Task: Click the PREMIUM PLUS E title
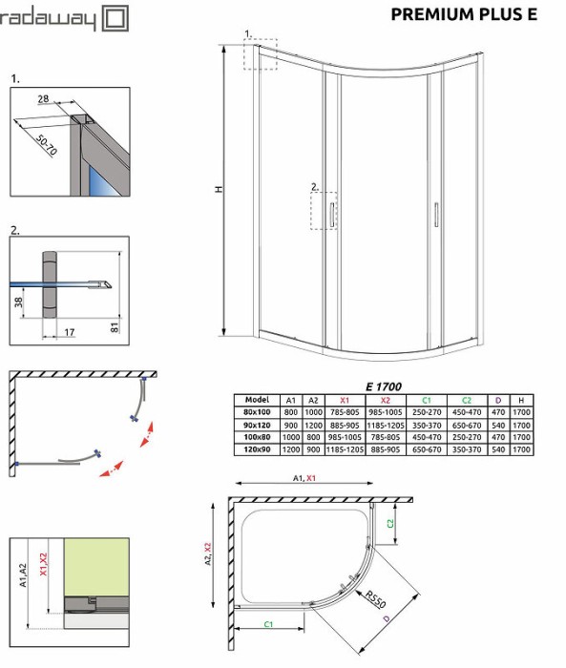[464, 14]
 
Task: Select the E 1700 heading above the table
[384, 386]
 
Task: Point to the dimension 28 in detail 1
[45, 99]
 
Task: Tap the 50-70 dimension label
[47, 142]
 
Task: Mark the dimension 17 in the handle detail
[70, 332]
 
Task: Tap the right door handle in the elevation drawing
[435, 215]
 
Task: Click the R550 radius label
[375, 602]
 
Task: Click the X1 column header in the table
[345, 400]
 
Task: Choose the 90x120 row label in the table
[257, 425]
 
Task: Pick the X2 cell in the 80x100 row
[386, 412]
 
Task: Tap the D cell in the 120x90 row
[497, 449]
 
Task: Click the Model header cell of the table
[257, 400]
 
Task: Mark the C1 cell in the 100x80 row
[427, 437]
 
